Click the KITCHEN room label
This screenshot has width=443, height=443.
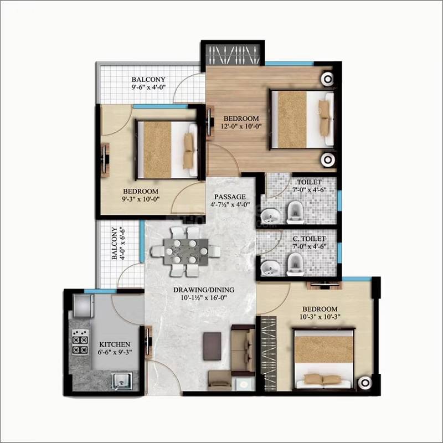tap(115, 344)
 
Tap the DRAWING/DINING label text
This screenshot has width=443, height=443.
tap(203, 290)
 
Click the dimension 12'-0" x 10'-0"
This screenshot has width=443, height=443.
tap(241, 126)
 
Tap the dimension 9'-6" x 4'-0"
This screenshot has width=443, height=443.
tap(148, 87)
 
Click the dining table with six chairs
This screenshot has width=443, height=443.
tap(188, 251)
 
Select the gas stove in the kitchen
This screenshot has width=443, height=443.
tap(80, 343)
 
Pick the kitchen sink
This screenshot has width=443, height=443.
tap(120, 380)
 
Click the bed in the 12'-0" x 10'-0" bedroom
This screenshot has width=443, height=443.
tap(302, 120)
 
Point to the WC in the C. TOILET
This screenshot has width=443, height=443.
tap(294, 264)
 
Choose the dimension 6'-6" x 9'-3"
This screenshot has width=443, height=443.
tap(115, 352)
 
